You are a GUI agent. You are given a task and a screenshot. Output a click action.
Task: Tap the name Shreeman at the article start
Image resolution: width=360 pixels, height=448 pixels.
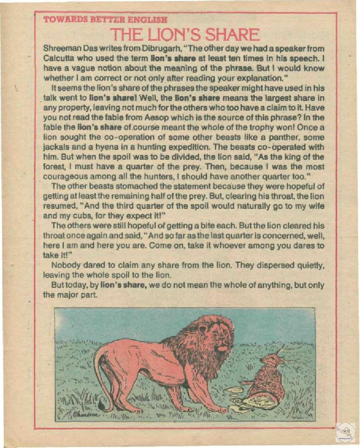point(61,47)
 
